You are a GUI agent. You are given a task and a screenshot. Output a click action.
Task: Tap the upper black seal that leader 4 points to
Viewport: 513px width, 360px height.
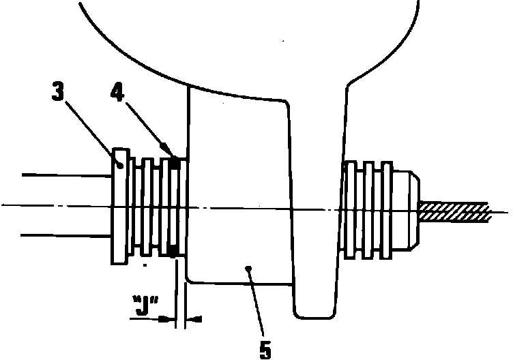(175, 162)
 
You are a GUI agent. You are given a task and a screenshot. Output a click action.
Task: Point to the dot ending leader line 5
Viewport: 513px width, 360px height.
(250, 269)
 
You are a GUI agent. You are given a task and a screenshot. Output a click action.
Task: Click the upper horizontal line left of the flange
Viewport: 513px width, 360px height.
(65, 175)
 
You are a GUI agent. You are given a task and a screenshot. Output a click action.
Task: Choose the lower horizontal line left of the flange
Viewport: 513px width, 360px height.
(65, 235)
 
